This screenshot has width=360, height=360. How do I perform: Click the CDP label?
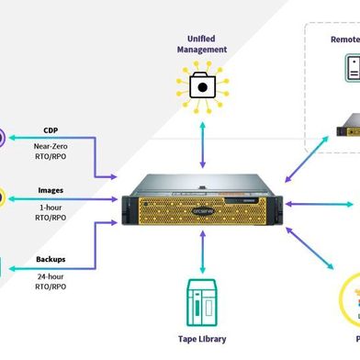[x=51, y=129]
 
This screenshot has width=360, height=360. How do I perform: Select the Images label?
[x=51, y=191]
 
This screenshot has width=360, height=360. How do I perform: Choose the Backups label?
[x=51, y=259]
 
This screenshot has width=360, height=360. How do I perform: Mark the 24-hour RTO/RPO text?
[x=51, y=282]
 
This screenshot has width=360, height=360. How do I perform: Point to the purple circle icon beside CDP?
[x=3, y=138]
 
